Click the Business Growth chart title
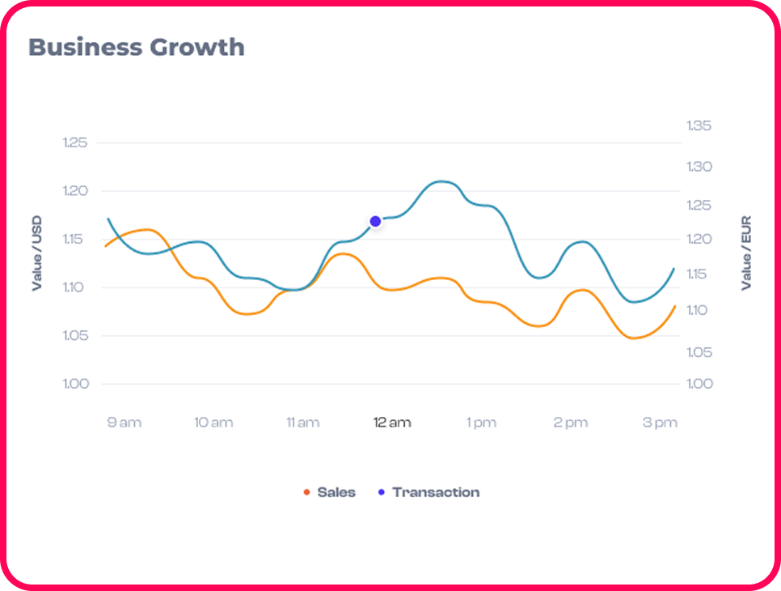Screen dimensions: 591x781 click(136, 47)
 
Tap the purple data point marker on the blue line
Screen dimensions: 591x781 click(375, 221)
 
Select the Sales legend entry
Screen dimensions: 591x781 click(336, 492)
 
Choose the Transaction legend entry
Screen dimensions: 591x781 click(435, 492)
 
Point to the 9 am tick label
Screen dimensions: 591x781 click(124, 423)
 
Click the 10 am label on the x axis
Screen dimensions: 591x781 click(213, 423)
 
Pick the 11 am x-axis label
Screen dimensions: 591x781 click(302, 423)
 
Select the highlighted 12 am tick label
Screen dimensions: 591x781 click(391, 423)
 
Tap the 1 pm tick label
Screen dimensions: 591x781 click(481, 423)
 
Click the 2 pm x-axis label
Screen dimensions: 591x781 click(570, 423)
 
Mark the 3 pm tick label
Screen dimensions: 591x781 click(660, 423)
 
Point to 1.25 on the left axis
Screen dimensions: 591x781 click(74, 143)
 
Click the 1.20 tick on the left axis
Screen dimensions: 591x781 click(74, 191)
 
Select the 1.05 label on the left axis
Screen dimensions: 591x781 click(74, 336)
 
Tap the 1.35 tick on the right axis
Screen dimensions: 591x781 click(699, 125)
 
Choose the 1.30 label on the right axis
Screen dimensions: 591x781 click(699, 167)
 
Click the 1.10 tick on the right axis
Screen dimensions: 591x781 click(699, 311)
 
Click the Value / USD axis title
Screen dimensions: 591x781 click(36, 253)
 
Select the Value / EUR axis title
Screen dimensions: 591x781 click(746, 253)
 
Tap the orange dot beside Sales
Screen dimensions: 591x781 click(306, 492)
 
